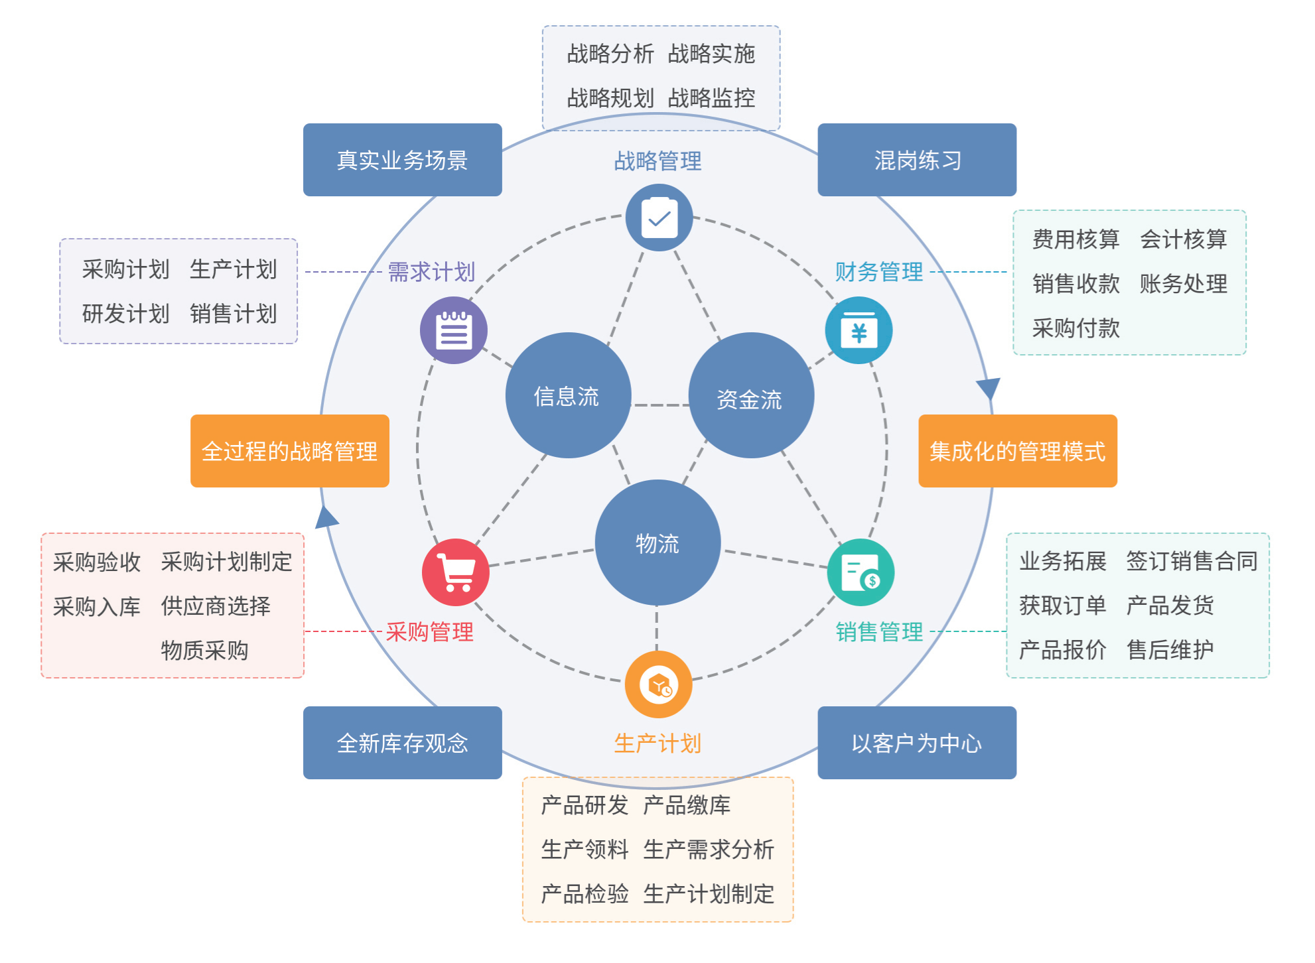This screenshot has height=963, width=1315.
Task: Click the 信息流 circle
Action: (x=567, y=396)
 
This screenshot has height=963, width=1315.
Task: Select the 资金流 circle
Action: (x=750, y=396)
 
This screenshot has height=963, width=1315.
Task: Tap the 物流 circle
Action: (x=657, y=543)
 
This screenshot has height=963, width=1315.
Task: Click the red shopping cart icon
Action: (x=456, y=572)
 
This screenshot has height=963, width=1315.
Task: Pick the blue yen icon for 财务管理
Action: (x=859, y=330)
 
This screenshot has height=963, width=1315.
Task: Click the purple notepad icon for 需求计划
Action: (x=454, y=330)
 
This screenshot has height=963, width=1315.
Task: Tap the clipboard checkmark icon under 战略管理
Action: (x=659, y=218)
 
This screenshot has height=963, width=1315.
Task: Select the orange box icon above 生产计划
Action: (x=658, y=684)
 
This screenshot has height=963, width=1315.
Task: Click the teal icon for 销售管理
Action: (x=861, y=572)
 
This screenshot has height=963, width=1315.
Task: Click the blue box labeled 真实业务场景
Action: (x=402, y=160)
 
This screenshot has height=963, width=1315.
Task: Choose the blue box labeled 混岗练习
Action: (x=916, y=160)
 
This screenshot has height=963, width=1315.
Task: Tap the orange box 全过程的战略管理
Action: (x=289, y=451)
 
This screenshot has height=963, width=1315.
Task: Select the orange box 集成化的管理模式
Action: (x=1017, y=451)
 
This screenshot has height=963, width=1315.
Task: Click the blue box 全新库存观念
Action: (x=402, y=743)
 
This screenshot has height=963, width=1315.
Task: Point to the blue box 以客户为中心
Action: (x=916, y=743)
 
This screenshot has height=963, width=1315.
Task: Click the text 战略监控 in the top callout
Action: (x=711, y=98)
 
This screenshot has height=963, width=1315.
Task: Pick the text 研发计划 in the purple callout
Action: (x=126, y=314)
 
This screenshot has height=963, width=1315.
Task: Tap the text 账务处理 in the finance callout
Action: (x=1183, y=284)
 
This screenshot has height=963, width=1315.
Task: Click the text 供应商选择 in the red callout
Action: (x=216, y=606)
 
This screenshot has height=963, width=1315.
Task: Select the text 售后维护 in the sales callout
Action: (x=1170, y=650)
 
